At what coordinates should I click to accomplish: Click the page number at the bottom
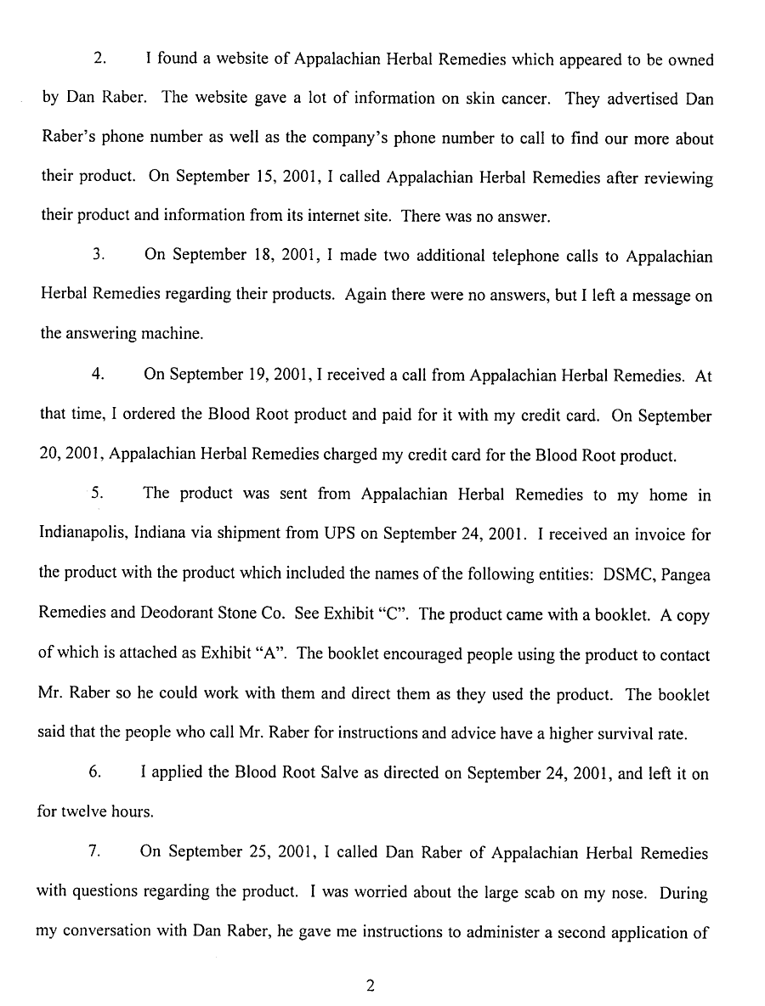pos(370,986)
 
